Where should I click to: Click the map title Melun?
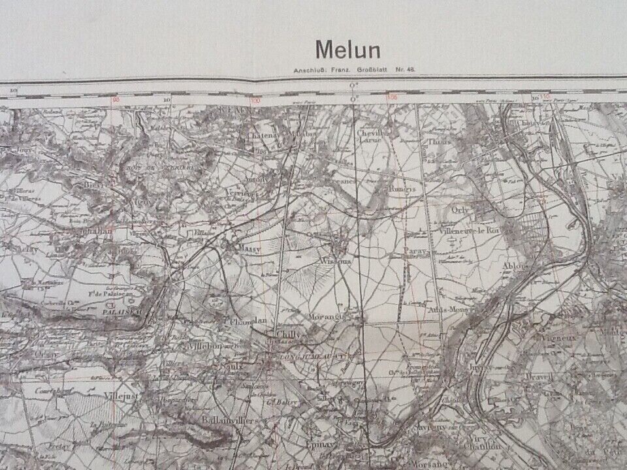click(x=348, y=50)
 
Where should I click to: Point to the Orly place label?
click(x=460, y=211)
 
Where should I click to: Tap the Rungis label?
click(x=401, y=189)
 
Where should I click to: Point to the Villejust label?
click(x=118, y=395)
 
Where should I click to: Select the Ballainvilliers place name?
click(x=223, y=419)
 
